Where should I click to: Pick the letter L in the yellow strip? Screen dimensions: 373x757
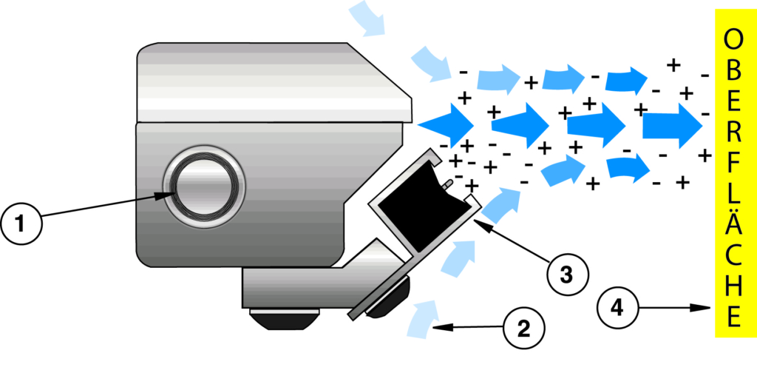733,196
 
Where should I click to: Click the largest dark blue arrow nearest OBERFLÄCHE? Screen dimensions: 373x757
672,127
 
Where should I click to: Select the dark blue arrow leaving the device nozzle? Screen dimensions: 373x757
447,121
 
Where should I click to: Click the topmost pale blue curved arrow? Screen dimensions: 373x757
368,17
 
